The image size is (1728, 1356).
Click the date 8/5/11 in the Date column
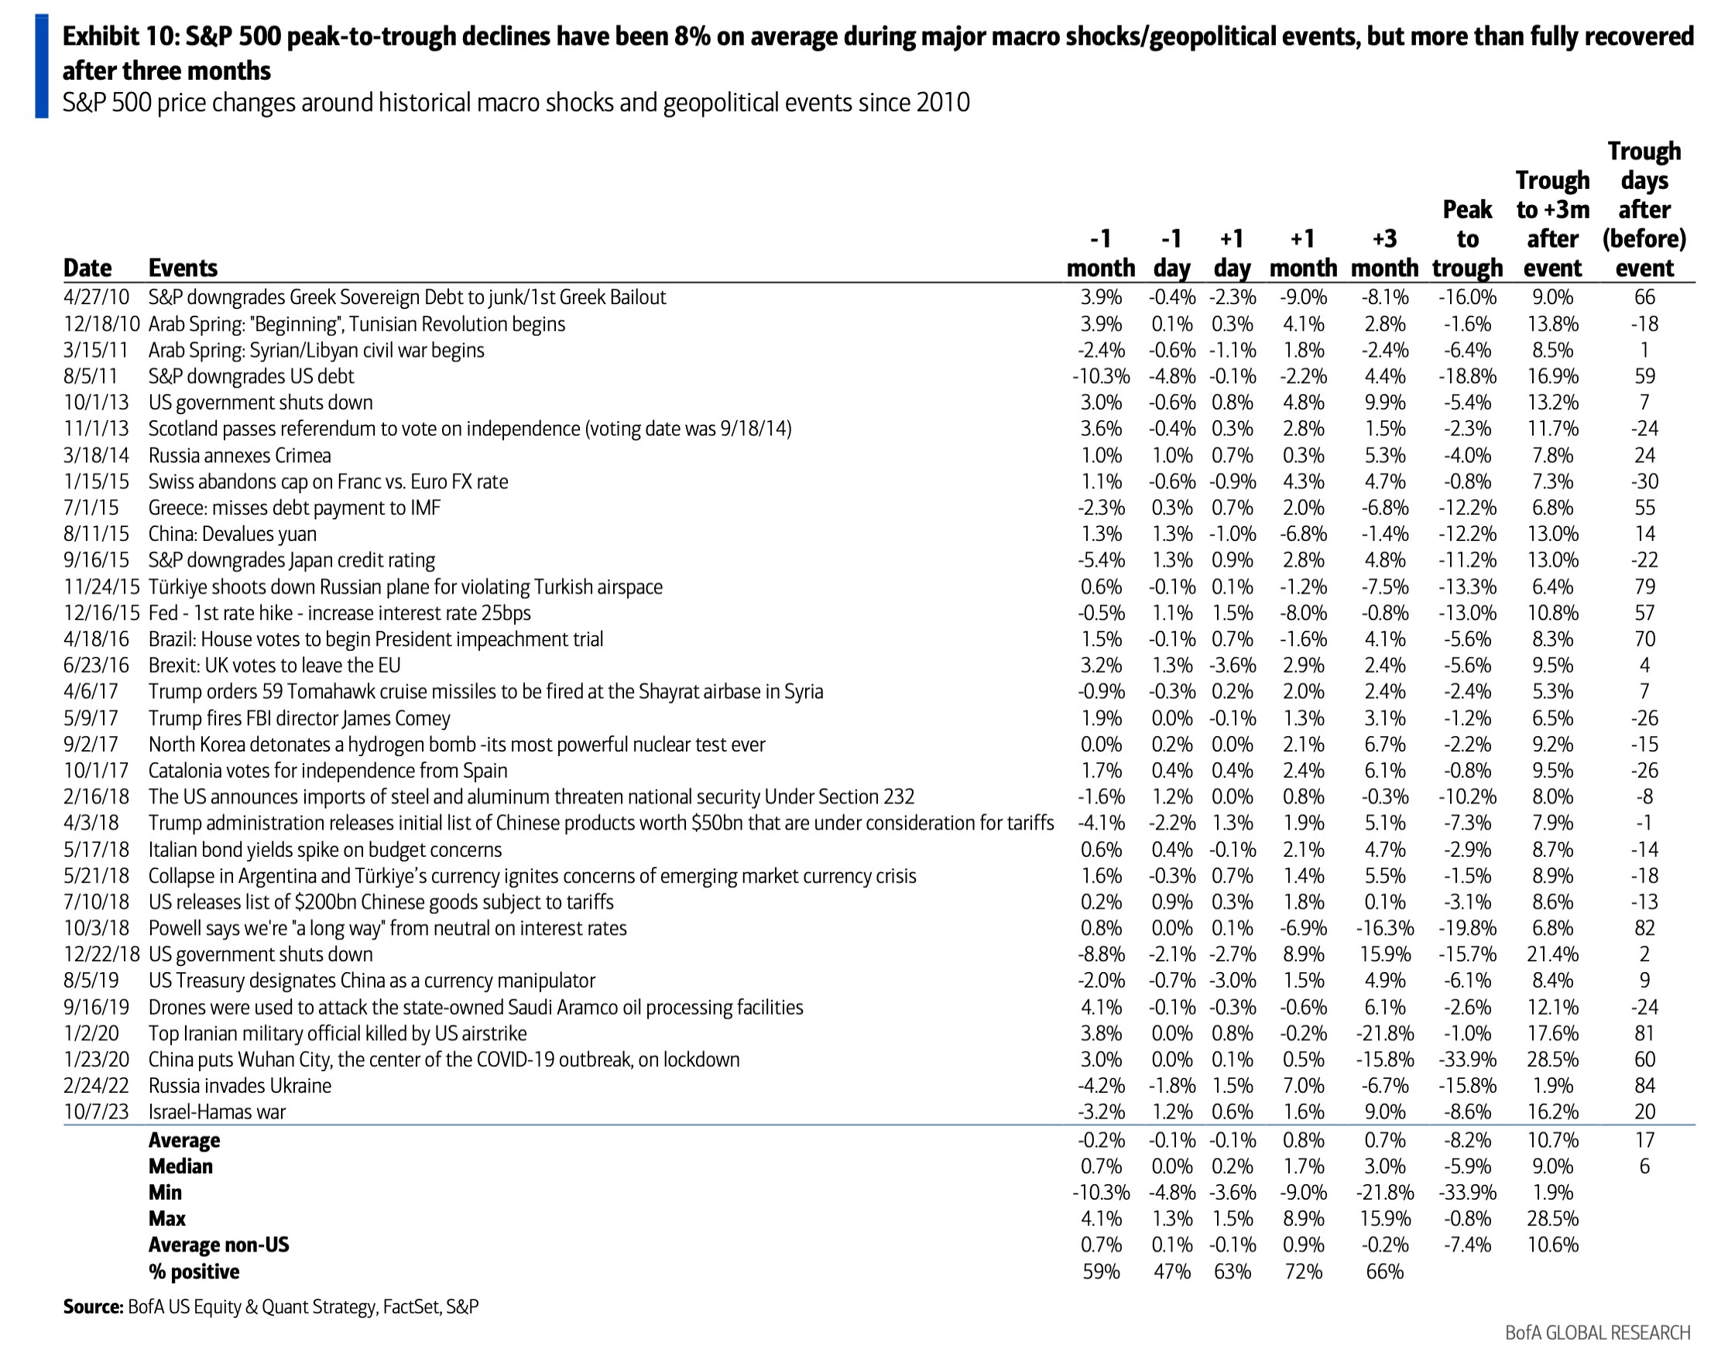pyautogui.click(x=91, y=376)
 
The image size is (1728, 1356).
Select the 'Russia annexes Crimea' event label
pyautogui.click(x=239, y=456)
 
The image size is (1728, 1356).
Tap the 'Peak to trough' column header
pyautogui.click(x=1467, y=238)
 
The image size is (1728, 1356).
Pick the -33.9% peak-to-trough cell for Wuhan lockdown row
pyautogui.click(x=1467, y=1060)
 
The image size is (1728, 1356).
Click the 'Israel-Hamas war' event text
pyautogui.click(x=217, y=1112)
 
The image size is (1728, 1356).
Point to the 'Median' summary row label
pyautogui.click(x=180, y=1166)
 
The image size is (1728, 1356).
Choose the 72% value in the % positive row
pyautogui.click(x=1303, y=1272)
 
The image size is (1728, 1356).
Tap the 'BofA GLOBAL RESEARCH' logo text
pyautogui.click(x=1598, y=1333)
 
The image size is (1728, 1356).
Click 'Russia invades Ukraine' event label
pyautogui.click(x=240, y=1086)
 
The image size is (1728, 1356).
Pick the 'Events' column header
pyautogui.click(x=183, y=269)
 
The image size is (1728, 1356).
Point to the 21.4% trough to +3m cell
pyautogui.click(x=1552, y=954)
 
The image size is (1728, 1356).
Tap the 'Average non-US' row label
pyautogui.click(x=218, y=1245)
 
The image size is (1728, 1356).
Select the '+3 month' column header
pyautogui.click(x=1384, y=253)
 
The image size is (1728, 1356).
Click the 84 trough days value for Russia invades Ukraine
pyautogui.click(x=1644, y=1086)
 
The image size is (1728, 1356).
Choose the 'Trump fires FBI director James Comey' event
pyautogui.click(x=299, y=718)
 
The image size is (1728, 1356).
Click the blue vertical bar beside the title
pyautogui.click(x=42, y=67)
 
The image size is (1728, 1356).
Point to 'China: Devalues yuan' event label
pyautogui.click(x=232, y=534)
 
